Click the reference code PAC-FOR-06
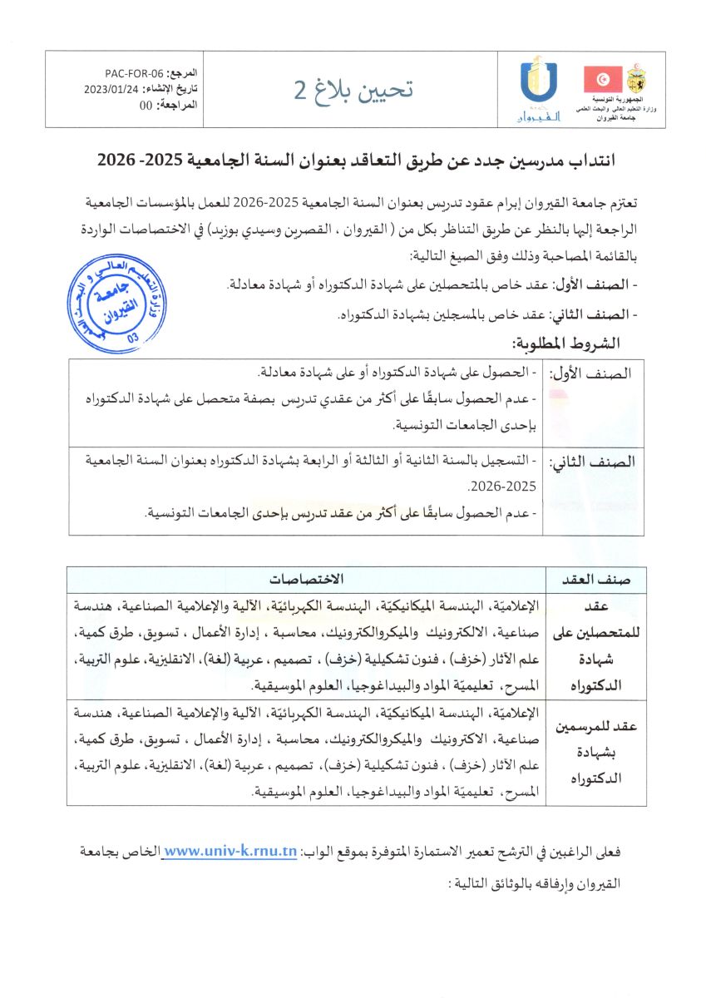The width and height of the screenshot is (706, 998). (135, 73)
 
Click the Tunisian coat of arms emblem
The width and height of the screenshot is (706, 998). (636, 80)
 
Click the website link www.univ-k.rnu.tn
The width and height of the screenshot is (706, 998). (230, 852)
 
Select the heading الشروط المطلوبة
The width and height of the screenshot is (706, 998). (566, 343)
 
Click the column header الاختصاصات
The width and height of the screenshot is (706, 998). (306, 579)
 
